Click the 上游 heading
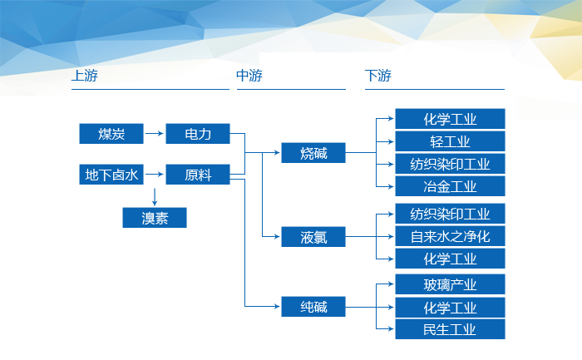tap(85, 76)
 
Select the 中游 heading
tap(249, 76)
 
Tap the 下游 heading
tap(377, 76)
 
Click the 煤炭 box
tap(111, 133)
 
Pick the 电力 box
tap(198, 133)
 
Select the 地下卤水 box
tap(111, 175)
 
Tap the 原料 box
tap(198, 175)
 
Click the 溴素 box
tap(155, 218)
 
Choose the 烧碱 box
tap(313, 153)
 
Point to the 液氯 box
tap(313, 237)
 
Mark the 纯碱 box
tap(313, 308)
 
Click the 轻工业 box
tap(450, 141)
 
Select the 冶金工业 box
tap(450, 185)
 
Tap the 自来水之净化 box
tap(450, 236)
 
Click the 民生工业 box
tap(450, 329)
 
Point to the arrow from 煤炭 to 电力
tap(155, 133)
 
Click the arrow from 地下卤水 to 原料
tap(155, 175)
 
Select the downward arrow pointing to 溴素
tap(155, 196)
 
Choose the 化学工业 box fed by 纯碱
tap(450, 308)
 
